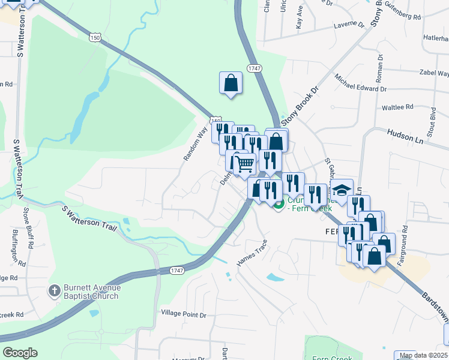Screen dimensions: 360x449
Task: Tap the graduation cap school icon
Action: (x=342, y=190)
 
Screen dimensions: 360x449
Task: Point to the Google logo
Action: (x=20, y=353)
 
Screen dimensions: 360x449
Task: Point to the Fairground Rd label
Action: (x=405, y=237)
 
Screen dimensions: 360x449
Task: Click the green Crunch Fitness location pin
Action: (x=279, y=205)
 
